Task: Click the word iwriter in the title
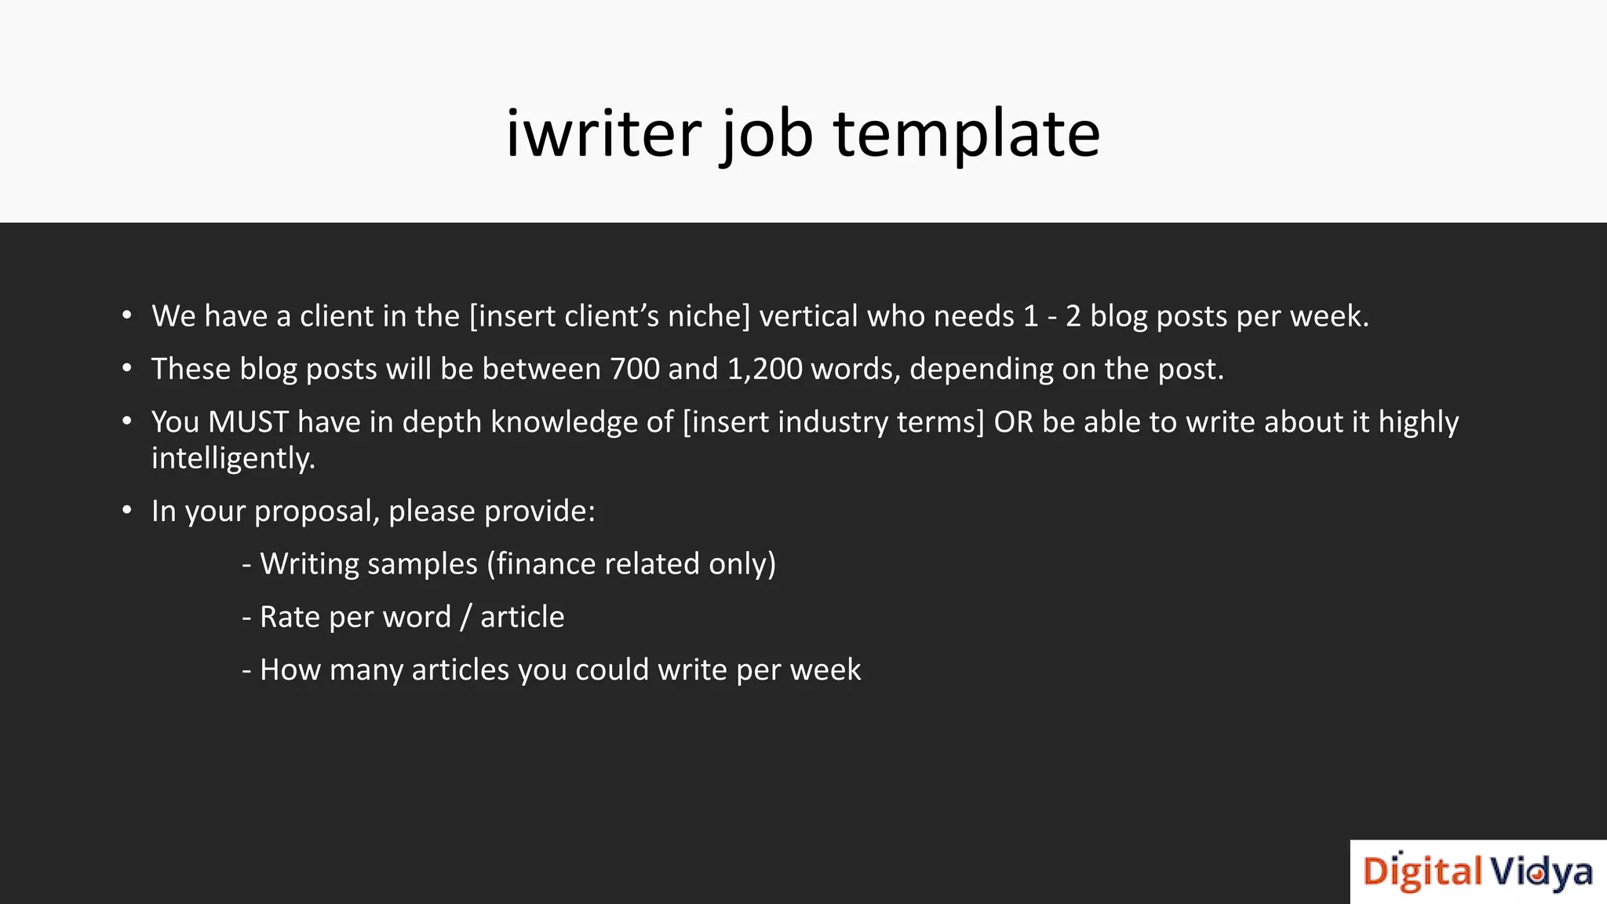click(603, 133)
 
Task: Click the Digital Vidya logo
click(1478, 872)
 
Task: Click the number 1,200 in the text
click(764, 369)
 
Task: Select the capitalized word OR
click(1013, 422)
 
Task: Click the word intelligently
click(233, 458)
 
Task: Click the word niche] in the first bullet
click(709, 316)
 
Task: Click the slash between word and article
click(465, 618)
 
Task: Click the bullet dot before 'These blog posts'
click(127, 368)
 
